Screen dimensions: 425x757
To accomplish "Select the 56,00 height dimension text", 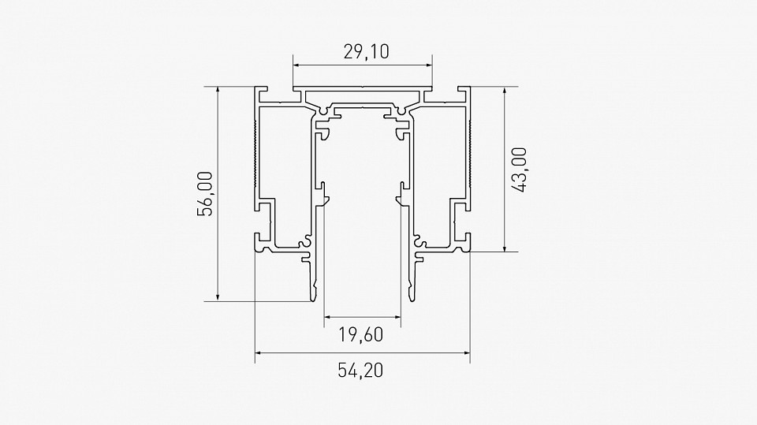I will click(206, 194).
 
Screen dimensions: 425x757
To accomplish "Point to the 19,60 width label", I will click(361, 335).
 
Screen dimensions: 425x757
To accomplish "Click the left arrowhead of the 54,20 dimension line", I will click(258, 354).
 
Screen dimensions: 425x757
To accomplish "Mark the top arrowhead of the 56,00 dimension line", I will click(218, 90).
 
